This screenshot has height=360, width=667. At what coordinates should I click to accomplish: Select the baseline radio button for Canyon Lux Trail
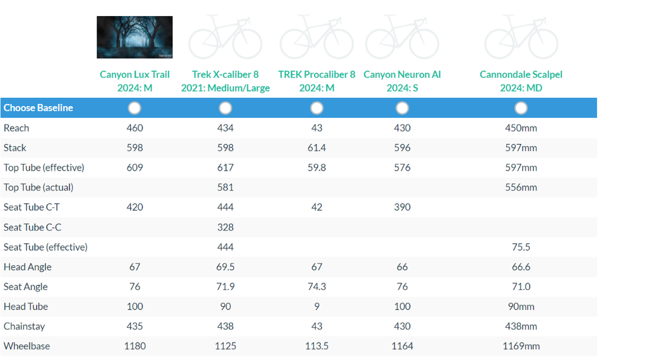pyautogui.click(x=135, y=107)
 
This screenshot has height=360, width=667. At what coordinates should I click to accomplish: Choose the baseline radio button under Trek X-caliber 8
pyautogui.click(x=225, y=107)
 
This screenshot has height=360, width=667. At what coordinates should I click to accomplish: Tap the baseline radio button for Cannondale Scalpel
pyautogui.click(x=521, y=107)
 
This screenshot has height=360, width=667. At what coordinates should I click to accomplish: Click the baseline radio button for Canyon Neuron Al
pyautogui.click(x=402, y=107)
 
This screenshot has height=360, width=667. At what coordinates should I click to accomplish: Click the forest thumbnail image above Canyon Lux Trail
pyautogui.click(x=135, y=37)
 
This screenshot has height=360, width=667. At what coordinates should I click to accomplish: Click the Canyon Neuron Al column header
pyautogui.click(x=402, y=81)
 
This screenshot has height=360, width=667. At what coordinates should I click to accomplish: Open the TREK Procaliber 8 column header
pyautogui.click(x=317, y=81)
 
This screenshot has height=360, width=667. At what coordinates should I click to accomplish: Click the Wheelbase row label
pyautogui.click(x=27, y=346)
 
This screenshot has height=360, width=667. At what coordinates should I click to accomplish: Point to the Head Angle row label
pyautogui.click(x=27, y=267)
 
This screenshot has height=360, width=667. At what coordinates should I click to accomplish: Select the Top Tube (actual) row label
pyautogui.click(x=39, y=187)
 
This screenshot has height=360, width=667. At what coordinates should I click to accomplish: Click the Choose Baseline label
pyautogui.click(x=38, y=107)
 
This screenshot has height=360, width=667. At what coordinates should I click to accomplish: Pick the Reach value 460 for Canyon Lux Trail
pyautogui.click(x=135, y=127)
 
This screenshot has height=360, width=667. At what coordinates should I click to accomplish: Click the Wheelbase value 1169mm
pyautogui.click(x=521, y=346)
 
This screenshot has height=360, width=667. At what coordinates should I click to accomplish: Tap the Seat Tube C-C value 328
pyautogui.click(x=225, y=227)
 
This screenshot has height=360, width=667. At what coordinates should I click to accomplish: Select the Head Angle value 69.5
pyautogui.click(x=225, y=267)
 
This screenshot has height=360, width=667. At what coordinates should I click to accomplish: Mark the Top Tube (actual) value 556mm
pyautogui.click(x=521, y=187)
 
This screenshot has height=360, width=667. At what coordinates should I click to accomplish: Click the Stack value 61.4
pyautogui.click(x=317, y=147)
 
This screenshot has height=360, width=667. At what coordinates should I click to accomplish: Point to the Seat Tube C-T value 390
pyautogui.click(x=402, y=207)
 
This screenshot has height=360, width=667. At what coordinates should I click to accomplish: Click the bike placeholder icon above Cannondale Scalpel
pyautogui.click(x=521, y=37)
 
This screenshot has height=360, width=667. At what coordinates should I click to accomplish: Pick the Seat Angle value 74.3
pyautogui.click(x=317, y=287)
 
